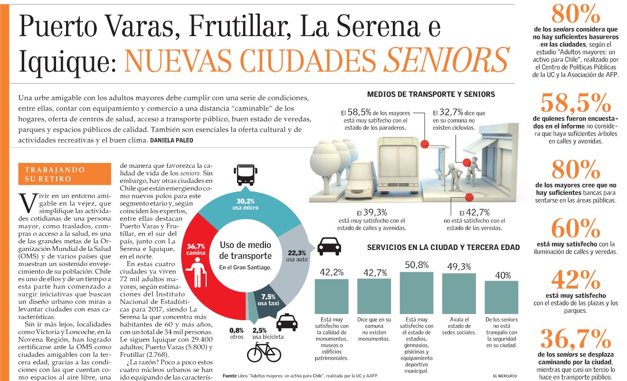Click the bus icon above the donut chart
pos(246,175)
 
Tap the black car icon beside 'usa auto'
pos(329,247)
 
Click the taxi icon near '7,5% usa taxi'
pos(286,322)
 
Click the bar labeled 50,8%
pos(417,293)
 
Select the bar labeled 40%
pos(501,297)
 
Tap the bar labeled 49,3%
pos(459,294)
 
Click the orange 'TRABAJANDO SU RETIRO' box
pos(65,174)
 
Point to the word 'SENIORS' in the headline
pos(446,60)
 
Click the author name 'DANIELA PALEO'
pos(171,140)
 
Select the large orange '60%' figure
pos(576,229)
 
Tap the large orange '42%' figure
pos(576,280)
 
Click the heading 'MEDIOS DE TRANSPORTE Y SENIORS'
pos(431,95)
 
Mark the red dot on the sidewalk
pos(469,197)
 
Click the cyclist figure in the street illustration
pos(473,171)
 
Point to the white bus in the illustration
pos(398,165)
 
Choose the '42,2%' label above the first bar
pos(332,272)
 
